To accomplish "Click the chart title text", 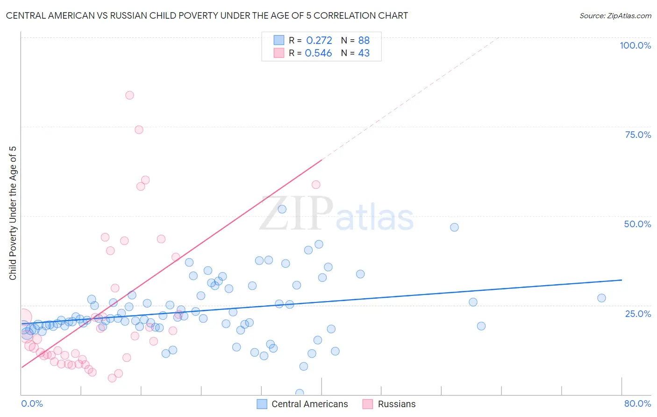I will [x=207, y=16].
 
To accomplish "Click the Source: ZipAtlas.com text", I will [x=615, y=16].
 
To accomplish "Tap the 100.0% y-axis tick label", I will [x=635, y=45].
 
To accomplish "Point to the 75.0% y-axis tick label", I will [x=638, y=135].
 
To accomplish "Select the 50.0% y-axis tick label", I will [x=637, y=224].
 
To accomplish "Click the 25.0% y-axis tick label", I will [x=638, y=314].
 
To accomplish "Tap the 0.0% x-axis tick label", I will [x=32, y=403].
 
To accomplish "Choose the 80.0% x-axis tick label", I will [x=637, y=403].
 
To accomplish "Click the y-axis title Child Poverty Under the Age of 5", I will [x=13, y=213].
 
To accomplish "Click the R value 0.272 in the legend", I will [x=319, y=41].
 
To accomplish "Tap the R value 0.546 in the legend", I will [x=318, y=53].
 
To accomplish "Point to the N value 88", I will [x=364, y=41].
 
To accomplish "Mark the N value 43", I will [x=364, y=53].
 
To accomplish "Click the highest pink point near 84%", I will [x=129, y=95].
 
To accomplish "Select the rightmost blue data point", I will [x=601, y=298].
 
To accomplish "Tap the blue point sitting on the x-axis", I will [x=300, y=393].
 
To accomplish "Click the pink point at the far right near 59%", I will [x=316, y=185].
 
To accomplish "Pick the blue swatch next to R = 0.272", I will [x=279, y=40].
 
